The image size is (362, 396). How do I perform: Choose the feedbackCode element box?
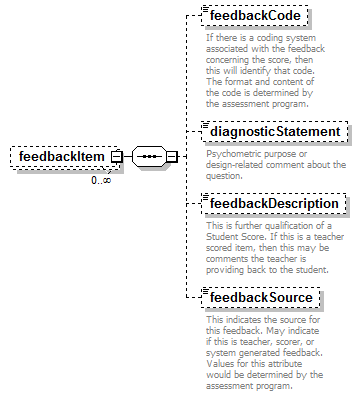click(253, 18)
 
